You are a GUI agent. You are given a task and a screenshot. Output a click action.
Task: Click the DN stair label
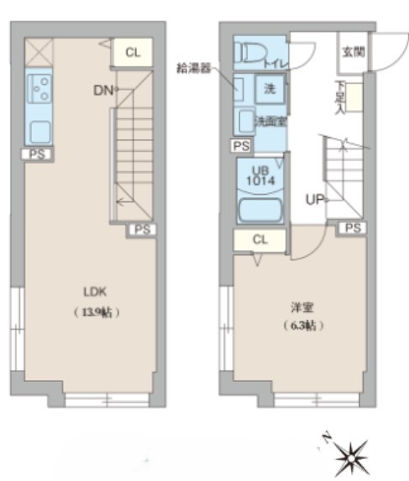pyautogui.click(x=102, y=87)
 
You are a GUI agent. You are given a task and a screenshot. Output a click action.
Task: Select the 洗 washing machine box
pyautogui.click(x=270, y=88)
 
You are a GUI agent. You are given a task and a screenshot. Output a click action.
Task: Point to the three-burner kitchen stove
pyautogui.click(x=39, y=86)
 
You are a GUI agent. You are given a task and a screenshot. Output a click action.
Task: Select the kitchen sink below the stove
pyautogui.click(x=39, y=131)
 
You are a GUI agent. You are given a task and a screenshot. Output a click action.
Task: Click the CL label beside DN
pyautogui.click(x=133, y=52)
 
